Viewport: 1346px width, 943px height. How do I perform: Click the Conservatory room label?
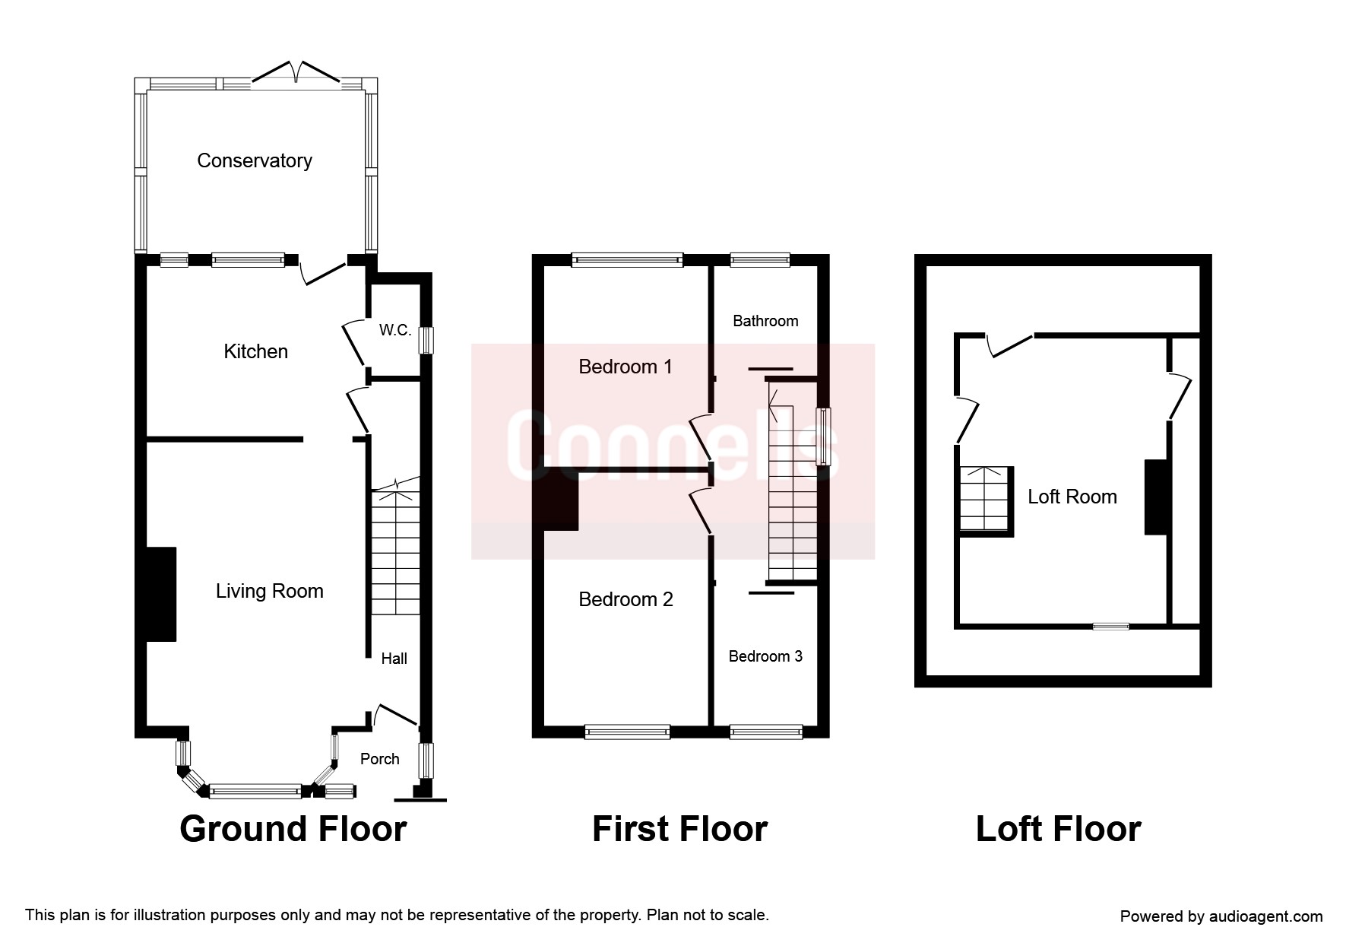254,160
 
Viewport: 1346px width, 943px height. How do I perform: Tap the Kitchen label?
255,351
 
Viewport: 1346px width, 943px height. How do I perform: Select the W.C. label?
395,330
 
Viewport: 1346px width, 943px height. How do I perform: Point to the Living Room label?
269,591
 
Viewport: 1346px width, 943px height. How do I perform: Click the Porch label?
379,758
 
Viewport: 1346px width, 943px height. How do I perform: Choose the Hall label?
394,659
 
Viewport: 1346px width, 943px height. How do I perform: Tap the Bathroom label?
765,321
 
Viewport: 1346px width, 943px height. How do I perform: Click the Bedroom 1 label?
625,367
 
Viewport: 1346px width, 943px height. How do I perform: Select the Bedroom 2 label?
625,599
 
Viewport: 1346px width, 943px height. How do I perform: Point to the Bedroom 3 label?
765,656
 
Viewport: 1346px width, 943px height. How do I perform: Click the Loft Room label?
1072,497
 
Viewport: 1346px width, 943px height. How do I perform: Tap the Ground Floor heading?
293,829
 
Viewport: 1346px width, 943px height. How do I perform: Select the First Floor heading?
679,829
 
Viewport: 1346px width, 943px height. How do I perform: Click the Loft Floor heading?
1058,829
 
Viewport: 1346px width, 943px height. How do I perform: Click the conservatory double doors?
296,72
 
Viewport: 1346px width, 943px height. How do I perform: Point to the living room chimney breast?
160,594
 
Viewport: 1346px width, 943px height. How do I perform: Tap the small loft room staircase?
986,499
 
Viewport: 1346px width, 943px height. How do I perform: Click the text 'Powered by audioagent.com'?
1221,916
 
